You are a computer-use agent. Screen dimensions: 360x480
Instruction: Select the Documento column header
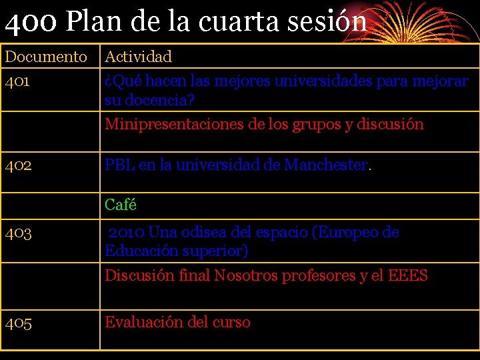coord(46,57)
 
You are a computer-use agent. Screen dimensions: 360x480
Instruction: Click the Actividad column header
coord(138,57)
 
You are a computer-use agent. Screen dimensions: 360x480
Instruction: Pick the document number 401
coord(17,81)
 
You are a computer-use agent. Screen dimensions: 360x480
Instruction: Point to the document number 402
coord(18,165)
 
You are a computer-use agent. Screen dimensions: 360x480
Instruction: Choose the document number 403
coord(18,233)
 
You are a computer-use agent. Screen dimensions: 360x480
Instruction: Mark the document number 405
coord(18,323)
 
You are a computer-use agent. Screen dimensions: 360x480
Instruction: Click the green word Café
coord(120,205)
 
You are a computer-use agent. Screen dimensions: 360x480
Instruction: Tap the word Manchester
coord(326,165)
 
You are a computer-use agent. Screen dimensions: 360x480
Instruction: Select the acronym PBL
coord(119,165)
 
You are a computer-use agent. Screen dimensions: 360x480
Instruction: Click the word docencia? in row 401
coord(158,101)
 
